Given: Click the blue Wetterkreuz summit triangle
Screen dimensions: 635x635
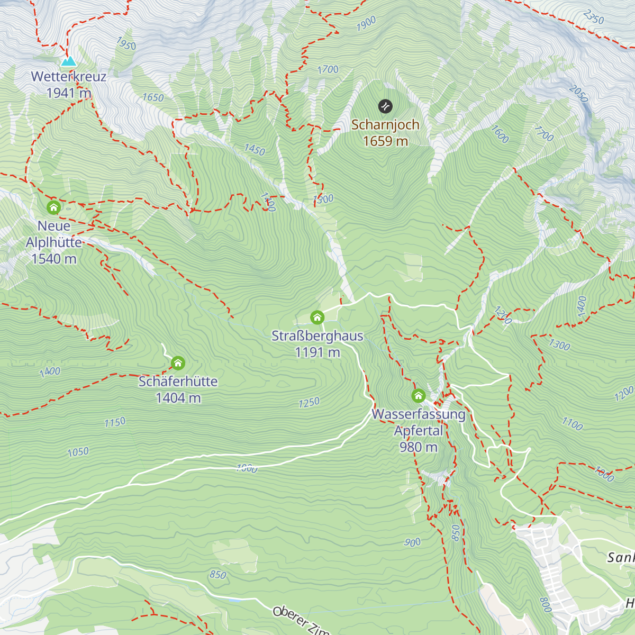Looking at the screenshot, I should (x=68, y=61).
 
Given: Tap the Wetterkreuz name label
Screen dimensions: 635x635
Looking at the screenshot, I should (x=69, y=77).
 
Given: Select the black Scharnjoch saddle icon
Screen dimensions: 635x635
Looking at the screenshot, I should (x=385, y=106).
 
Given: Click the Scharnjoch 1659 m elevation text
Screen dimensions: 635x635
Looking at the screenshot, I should (x=385, y=141).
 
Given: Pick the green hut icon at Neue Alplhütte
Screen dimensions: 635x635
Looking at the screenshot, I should (x=53, y=207).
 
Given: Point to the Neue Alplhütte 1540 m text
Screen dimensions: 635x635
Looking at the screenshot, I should (x=54, y=259).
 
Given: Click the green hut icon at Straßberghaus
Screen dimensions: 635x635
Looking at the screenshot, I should (x=317, y=317).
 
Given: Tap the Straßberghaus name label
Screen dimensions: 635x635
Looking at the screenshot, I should (x=317, y=336).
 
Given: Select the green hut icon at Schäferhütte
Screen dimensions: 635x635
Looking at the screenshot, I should (x=178, y=363).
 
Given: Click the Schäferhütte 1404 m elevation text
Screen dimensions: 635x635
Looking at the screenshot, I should (x=178, y=398).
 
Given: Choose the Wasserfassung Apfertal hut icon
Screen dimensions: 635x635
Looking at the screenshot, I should (x=419, y=395).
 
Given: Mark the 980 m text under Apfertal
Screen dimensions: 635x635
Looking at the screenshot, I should (x=418, y=447).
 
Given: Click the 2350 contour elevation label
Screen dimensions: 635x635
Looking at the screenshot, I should (x=593, y=17).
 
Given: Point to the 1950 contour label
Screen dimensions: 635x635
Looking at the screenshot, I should (x=126, y=44).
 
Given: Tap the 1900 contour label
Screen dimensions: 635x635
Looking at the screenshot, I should (x=366, y=23).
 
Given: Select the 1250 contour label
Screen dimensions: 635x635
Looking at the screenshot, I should (x=309, y=403).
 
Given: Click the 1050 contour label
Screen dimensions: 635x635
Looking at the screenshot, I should (x=78, y=452).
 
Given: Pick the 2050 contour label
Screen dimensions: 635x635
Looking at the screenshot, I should (x=578, y=94).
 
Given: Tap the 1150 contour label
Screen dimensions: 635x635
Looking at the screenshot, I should (x=115, y=422).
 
